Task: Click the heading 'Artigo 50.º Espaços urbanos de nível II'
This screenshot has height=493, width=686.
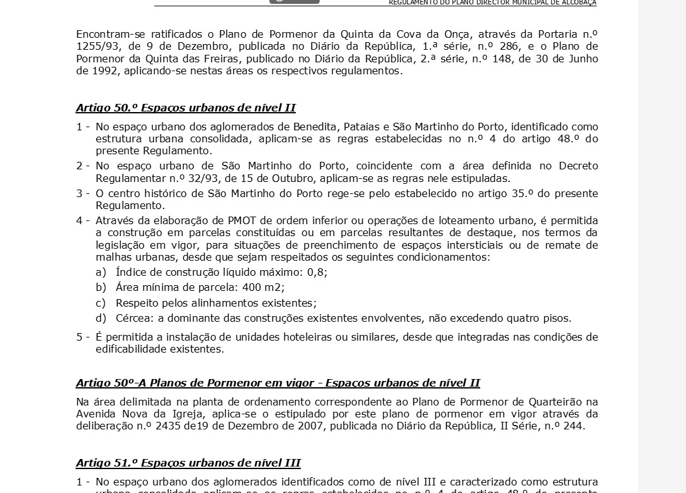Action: coord(186,108)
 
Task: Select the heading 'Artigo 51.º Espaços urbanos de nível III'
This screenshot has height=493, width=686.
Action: coord(188,463)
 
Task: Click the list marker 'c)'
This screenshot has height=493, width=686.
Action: coord(101,303)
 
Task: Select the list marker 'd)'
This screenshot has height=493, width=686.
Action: coord(101,319)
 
